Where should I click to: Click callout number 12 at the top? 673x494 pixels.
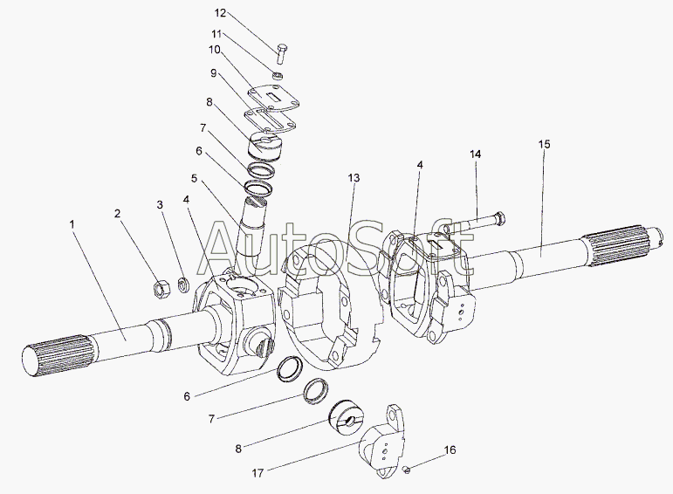pos(220,13)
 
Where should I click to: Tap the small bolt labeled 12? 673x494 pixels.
pos(282,53)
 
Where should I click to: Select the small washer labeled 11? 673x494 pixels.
pos(278,76)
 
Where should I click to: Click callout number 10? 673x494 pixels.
pos(215,50)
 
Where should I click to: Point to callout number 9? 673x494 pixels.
pos(213,73)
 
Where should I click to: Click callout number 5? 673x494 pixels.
pos(195,178)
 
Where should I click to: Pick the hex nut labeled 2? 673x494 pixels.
pos(161,289)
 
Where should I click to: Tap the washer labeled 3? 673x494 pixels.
pos(184,285)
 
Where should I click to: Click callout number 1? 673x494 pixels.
pos(72,224)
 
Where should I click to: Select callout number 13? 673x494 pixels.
pos(354,178)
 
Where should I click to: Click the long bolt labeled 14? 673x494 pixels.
pos(475,222)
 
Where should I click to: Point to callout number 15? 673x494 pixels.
pos(544,144)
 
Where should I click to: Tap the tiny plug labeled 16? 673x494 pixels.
pos(408,470)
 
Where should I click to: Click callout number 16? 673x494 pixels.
pos(450,449)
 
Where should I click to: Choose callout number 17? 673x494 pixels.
pos(258,473)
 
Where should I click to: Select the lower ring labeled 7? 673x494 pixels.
pos(317,390)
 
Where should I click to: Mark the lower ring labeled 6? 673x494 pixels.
pos(290,368)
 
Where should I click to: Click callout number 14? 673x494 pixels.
pos(476,154)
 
